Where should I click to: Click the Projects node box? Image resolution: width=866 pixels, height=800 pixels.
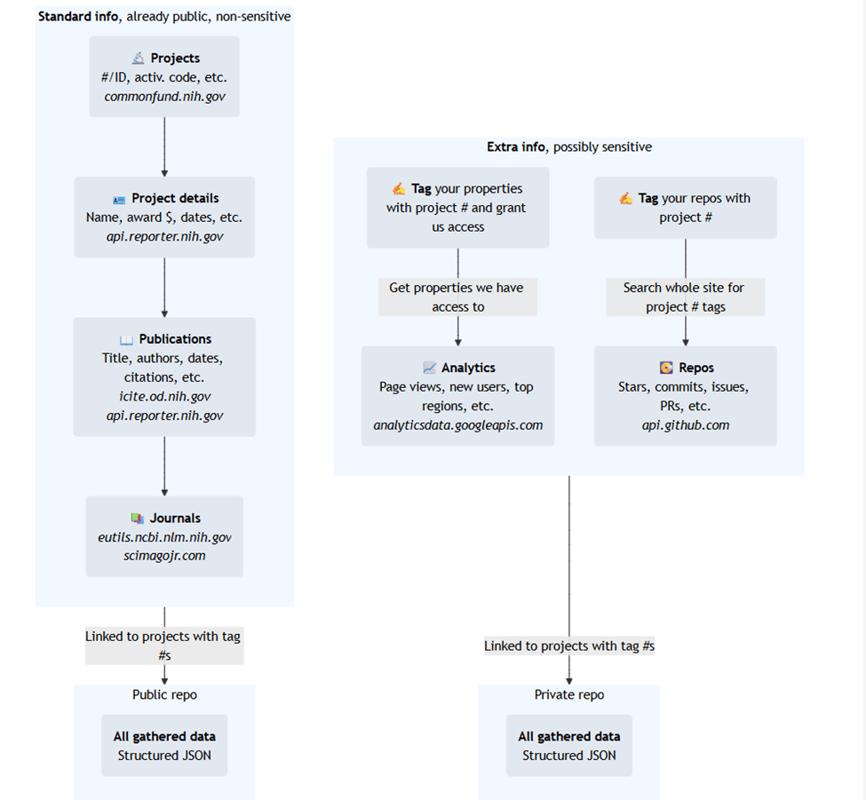[x=164, y=76]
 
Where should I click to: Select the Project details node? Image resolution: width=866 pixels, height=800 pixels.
[x=164, y=217]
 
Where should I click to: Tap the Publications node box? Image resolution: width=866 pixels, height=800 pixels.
[x=164, y=376]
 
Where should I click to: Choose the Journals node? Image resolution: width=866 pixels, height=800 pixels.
[x=164, y=536]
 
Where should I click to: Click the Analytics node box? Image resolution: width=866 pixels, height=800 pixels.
[x=457, y=396]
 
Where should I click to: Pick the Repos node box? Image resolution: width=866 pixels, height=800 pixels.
[x=685, y=396]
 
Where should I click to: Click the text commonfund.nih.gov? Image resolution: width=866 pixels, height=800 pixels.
[x=164, y=96]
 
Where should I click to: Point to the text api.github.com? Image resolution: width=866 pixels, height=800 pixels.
[x=685, y=425]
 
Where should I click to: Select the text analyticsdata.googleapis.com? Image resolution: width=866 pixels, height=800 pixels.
[x=457, y=425]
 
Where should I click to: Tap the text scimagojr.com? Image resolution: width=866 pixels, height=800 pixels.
[x=164, y=556]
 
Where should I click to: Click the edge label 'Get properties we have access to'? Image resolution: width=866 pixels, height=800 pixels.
[x=457, y=297]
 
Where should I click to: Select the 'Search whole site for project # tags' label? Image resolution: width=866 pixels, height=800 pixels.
[x=685, y=297]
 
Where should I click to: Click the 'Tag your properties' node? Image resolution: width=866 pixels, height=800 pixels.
[x=457, y=208]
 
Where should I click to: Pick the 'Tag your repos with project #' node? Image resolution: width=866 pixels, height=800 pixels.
[x=685, y=208]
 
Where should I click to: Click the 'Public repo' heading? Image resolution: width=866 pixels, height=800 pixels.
[x=164, y=694]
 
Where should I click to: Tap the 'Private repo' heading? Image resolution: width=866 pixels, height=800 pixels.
[x=568, y=694]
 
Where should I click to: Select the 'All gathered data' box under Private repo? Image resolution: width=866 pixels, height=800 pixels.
[x=568, y=745]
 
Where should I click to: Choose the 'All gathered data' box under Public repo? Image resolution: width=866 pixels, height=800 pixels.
[x=164, y=745]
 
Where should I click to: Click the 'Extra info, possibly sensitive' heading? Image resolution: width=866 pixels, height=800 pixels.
[x=568, y=147]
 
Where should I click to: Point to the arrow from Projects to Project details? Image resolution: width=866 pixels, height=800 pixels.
[x=164, y=147]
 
